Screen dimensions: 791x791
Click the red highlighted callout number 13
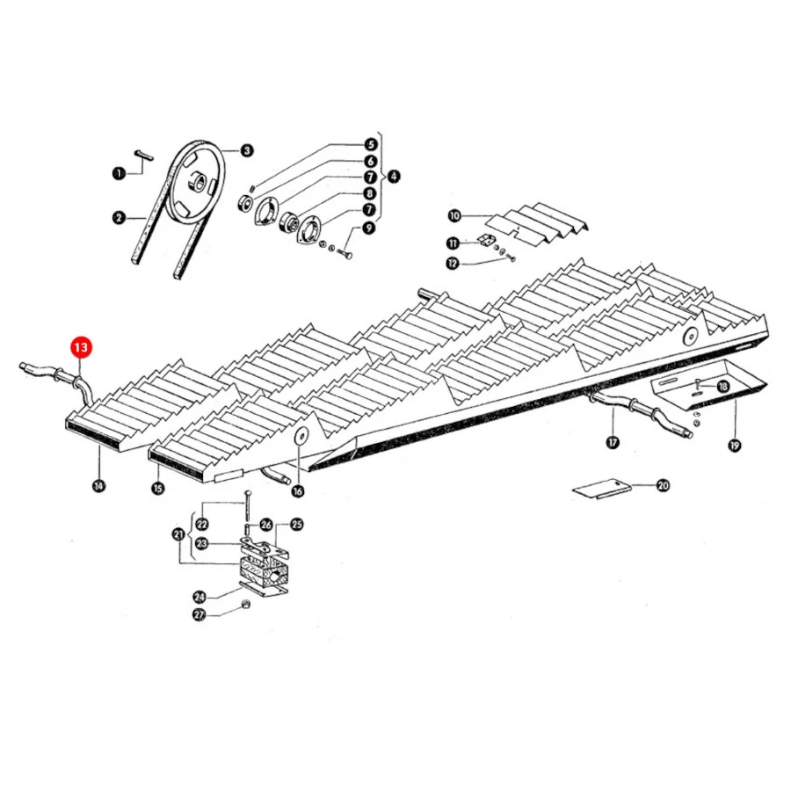pos(81,347)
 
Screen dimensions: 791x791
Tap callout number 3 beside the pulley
pos(247,150)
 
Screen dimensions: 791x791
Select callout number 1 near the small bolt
pos(119,173)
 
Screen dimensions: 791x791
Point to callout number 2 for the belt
pos(119,218)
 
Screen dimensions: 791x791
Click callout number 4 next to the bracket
pos(393,176)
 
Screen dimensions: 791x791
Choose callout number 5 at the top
pos(371,145)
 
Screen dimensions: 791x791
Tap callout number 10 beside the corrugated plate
pos(454,216)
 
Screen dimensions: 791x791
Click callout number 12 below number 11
pos(453,263)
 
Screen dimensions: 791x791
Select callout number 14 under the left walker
pos(98,486)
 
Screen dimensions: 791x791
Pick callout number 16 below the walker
pos(298,490)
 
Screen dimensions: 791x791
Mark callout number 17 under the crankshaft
pos(613,442)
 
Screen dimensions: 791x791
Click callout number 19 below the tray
pos(735,445)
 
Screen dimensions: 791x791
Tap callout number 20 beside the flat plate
pos(663,485)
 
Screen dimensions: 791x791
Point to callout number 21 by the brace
pos(178,533)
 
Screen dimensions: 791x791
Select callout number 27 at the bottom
pos(200,615)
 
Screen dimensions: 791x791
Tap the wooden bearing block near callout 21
pos(263,574)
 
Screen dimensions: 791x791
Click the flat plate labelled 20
pos(602,489)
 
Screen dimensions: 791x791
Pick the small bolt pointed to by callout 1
pos(144,155)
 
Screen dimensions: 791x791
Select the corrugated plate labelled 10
pos(537,222)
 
